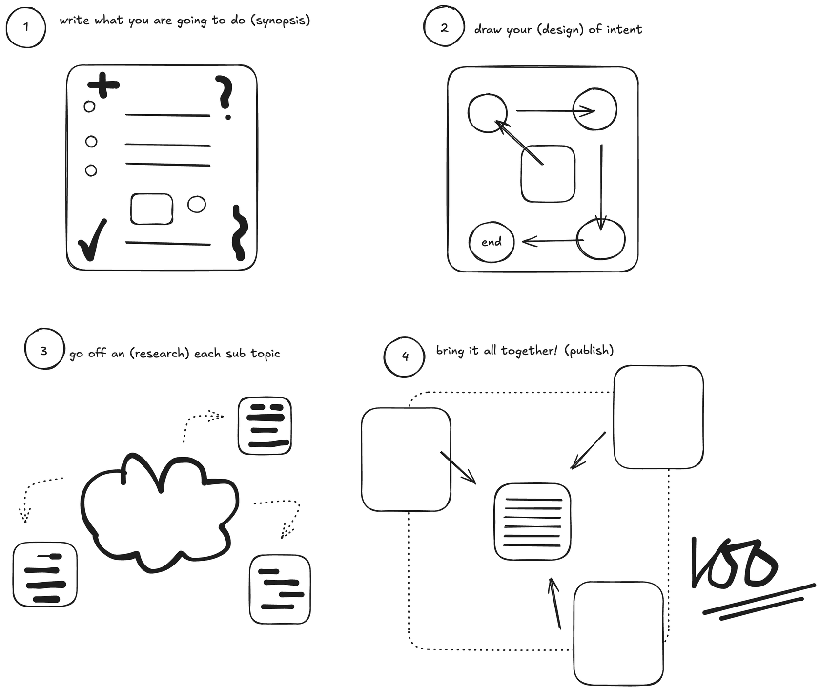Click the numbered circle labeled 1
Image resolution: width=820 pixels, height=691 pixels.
(x=26, y=27)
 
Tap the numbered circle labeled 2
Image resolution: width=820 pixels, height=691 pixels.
(x=444, y=27)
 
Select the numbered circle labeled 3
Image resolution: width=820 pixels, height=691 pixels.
(x=44, y=350)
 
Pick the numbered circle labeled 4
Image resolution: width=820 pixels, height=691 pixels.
(x=405, y=356)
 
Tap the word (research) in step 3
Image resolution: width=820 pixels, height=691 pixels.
(x=160, y=353)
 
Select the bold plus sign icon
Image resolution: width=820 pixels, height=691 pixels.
(x=103, y=85)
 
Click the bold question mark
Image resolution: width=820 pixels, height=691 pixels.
(x=225, y=95)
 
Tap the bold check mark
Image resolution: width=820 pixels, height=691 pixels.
(x=93, y=239)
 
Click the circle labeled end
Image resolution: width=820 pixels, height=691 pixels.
(x=491, y=242)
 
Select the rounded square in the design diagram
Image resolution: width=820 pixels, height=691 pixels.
(x=548, y=174)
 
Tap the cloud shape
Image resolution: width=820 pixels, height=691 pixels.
(x=159, y=513)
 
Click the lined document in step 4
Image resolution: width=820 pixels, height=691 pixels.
(x=532, y=522)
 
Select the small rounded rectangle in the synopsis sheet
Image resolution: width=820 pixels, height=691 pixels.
(x=152, y=209)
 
